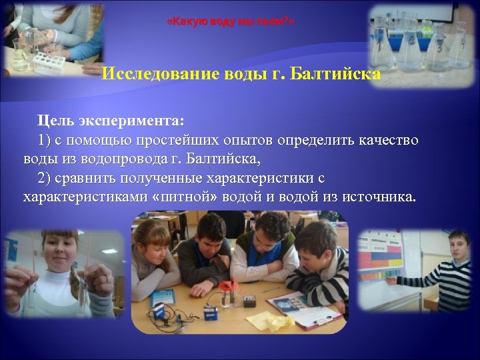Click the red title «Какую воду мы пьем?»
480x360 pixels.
click(x=230, y=22)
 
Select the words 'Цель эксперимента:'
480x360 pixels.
click(x=110, y=123)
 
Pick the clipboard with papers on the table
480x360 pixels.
click(x=303, y=313)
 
